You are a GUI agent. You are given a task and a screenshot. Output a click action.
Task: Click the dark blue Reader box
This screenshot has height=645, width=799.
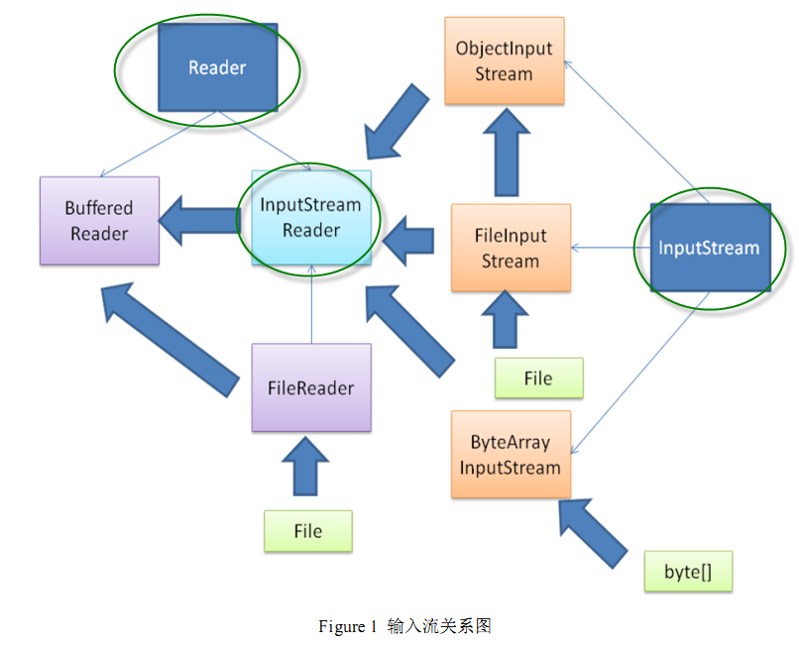217,67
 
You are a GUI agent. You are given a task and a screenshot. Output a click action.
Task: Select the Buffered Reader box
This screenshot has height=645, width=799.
99,221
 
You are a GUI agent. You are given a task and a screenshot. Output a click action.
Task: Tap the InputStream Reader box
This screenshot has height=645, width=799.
311,218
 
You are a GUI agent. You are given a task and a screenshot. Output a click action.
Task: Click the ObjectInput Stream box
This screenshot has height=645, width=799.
504,60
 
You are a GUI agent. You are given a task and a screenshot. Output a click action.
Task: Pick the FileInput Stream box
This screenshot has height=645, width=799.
511,248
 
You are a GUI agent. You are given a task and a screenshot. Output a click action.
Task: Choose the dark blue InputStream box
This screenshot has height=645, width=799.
709,248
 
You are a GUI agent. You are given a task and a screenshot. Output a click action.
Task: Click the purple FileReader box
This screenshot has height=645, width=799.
311,387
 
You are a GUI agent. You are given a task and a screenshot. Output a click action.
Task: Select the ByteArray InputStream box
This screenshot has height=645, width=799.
511,455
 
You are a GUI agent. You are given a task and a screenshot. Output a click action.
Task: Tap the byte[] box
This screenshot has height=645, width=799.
688,572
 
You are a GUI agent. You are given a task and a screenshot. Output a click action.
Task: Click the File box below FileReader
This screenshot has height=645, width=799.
308,531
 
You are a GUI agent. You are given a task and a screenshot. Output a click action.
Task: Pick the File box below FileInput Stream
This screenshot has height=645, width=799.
538,378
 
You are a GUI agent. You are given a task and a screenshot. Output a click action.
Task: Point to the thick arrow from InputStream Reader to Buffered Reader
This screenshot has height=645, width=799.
198,220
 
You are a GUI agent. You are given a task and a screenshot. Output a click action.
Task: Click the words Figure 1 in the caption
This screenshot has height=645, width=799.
347,626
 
